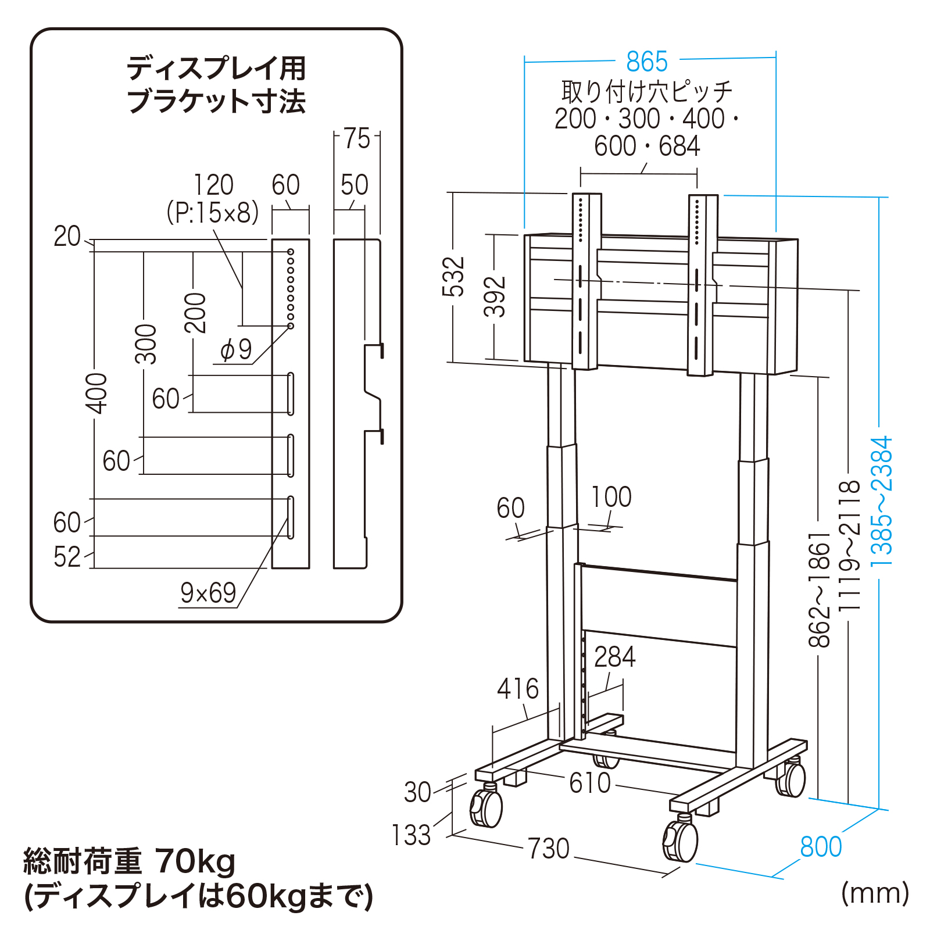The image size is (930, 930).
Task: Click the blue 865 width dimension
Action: pos(647,61)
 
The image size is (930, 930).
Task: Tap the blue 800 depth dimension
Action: pos(821,847)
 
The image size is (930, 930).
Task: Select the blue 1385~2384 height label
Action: pos(881,502)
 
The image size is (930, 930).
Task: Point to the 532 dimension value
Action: pos(454,277)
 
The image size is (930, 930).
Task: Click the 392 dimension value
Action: pos(495,296)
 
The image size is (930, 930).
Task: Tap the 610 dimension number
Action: pos(589,783)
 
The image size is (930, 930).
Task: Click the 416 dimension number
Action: pos(517,689)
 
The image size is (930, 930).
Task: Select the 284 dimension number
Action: pos(614,657)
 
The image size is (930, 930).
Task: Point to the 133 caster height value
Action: pos(411,835)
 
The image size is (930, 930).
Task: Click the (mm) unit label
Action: pos(875,893)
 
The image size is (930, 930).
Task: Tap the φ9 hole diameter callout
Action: pos(236,349)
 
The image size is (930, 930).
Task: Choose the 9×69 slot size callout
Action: pos(208,593)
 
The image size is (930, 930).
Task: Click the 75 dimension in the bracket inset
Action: pos(356,139)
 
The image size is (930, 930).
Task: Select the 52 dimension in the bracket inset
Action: pos(67,557)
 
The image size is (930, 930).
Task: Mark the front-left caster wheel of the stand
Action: pos(487,806)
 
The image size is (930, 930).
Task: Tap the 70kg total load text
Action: pos(196,861)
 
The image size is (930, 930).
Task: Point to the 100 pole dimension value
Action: pos(611,498)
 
